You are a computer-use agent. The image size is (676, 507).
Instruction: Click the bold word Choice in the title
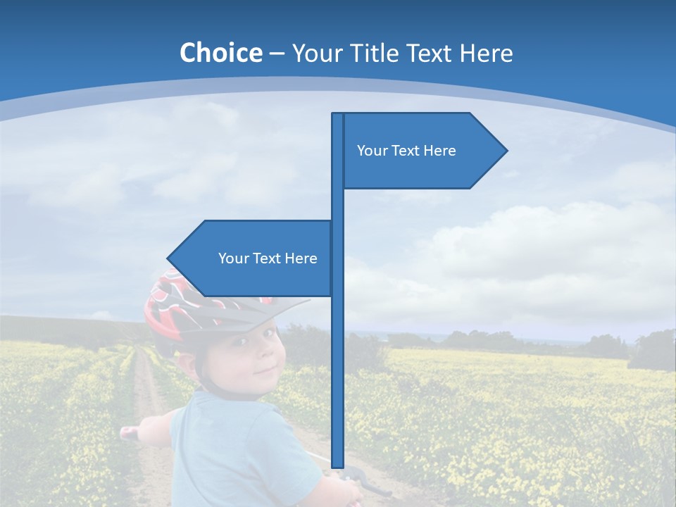click(x=220, y=53)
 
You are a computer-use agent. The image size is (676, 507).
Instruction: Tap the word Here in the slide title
click(x=486, y=53)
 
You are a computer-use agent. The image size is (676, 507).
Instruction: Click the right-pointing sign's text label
click(x=406, y=151)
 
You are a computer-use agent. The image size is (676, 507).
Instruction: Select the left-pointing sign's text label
click(x=268, y=258)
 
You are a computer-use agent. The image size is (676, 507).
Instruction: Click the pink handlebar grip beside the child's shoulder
click(x=129, y=432)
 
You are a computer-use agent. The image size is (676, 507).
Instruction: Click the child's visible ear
click(x=187, y=363)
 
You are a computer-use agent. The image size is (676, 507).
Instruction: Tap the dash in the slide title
click(x=277, y=53)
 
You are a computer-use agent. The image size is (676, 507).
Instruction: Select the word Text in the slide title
click(x=430, y=53)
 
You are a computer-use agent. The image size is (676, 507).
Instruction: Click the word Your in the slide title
click(x=315, y=53)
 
